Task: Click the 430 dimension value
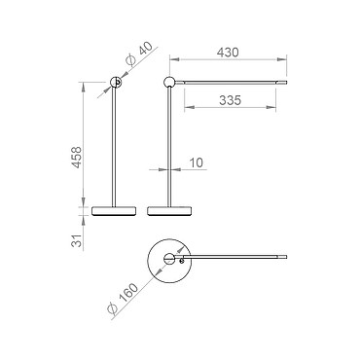coord(228,53)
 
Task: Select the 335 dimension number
coord(230,100)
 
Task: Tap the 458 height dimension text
coord(77,158)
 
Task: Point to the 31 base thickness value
coord(77,240)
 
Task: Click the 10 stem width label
coord(197,162)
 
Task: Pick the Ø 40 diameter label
coord(139,54)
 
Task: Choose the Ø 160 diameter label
coord(123,298)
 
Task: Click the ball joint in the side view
coord(168,82)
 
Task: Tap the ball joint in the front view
coord(116,83)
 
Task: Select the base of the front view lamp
coord(114,211)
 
